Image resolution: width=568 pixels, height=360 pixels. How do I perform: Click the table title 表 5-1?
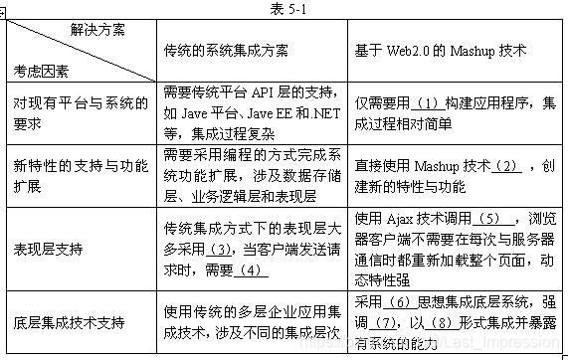click(x=283, y=8)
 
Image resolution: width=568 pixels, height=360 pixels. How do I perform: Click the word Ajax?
click(x=397, y=219)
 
